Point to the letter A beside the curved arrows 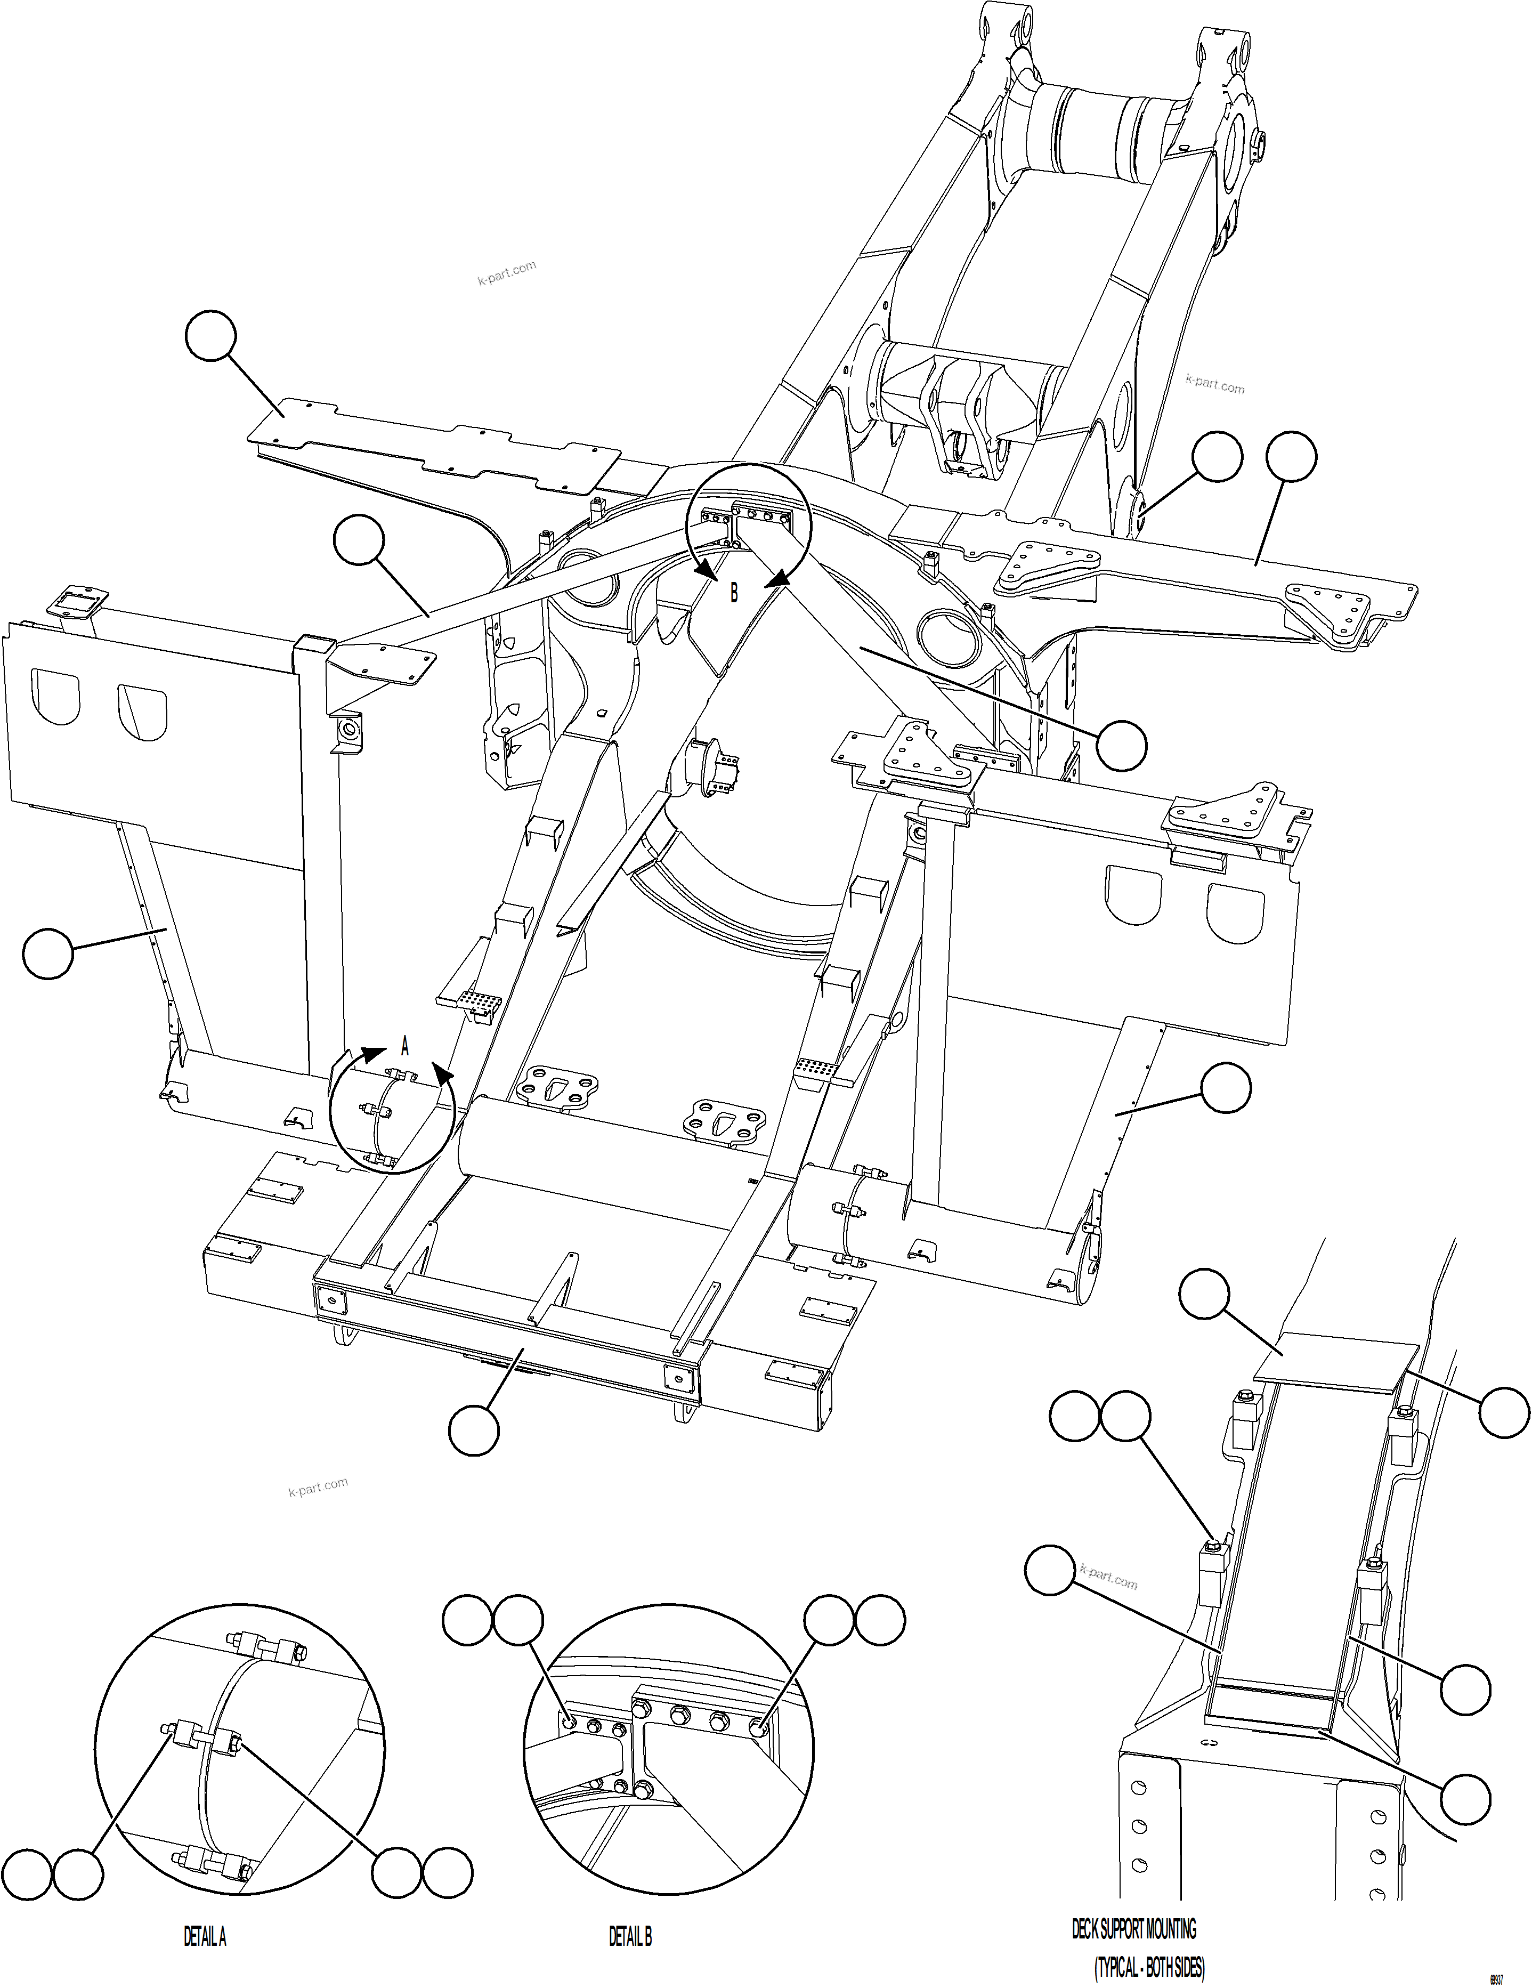pyautogui.click(x=405, y=1048)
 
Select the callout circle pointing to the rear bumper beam pyautogui.click(x=474, y=1428)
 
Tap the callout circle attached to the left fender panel pyautogui.click(x=47, y=953)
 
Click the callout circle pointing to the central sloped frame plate pyautogui.click(x=1121, y=746)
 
